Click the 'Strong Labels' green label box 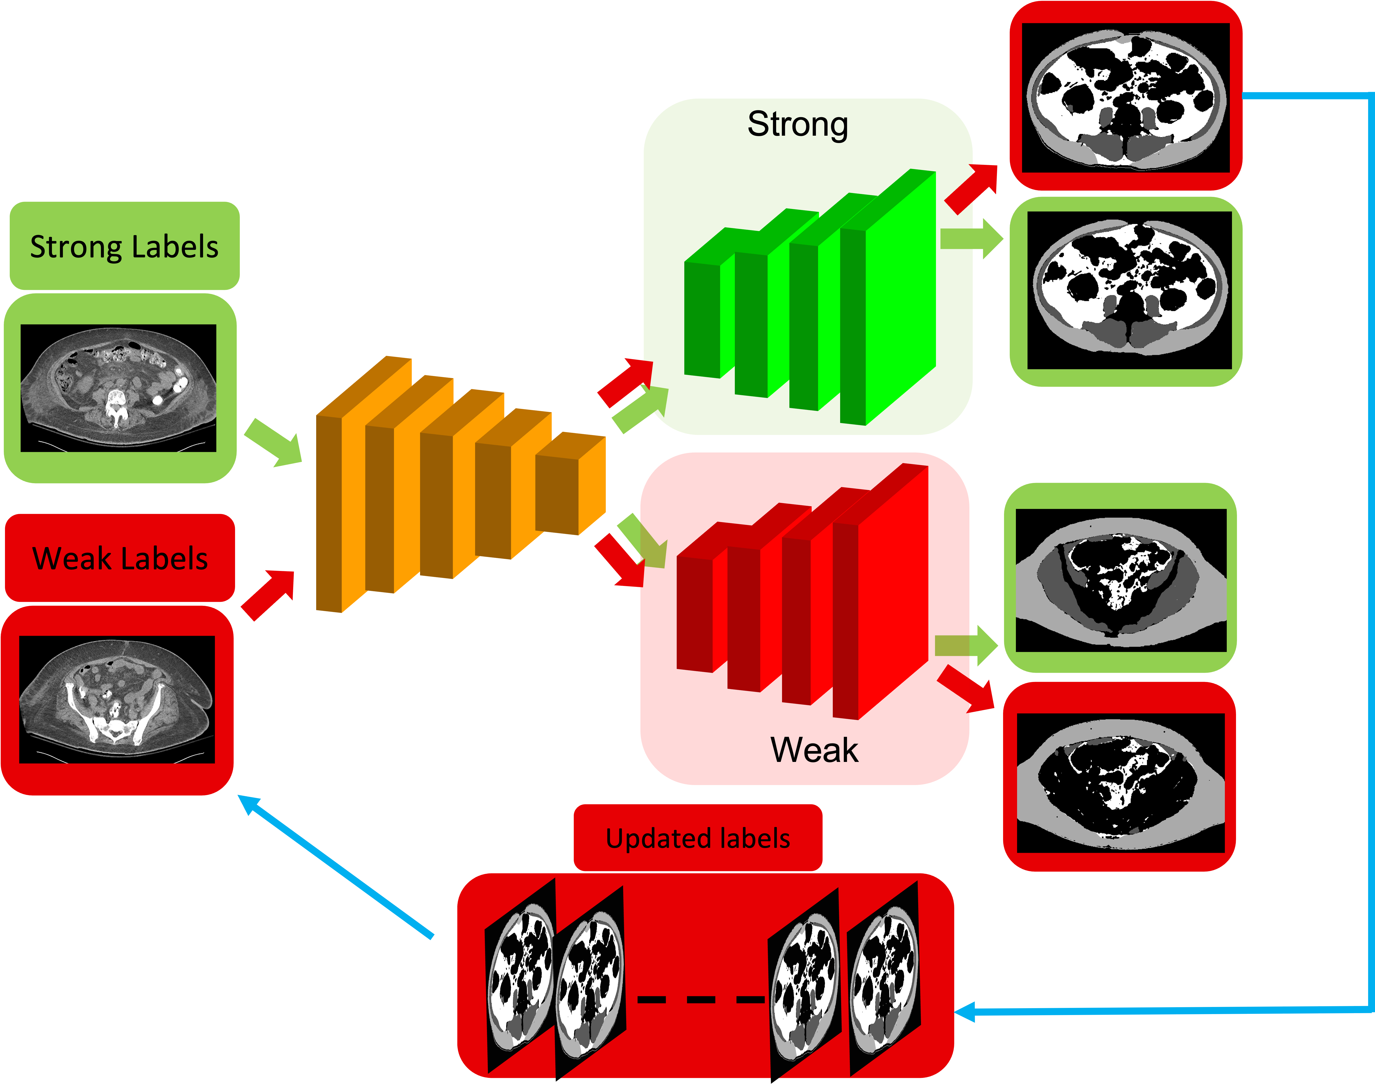click(x=125, y=246)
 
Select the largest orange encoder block click(x=343, y=502)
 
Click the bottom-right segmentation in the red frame click(x=1120, y=781)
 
